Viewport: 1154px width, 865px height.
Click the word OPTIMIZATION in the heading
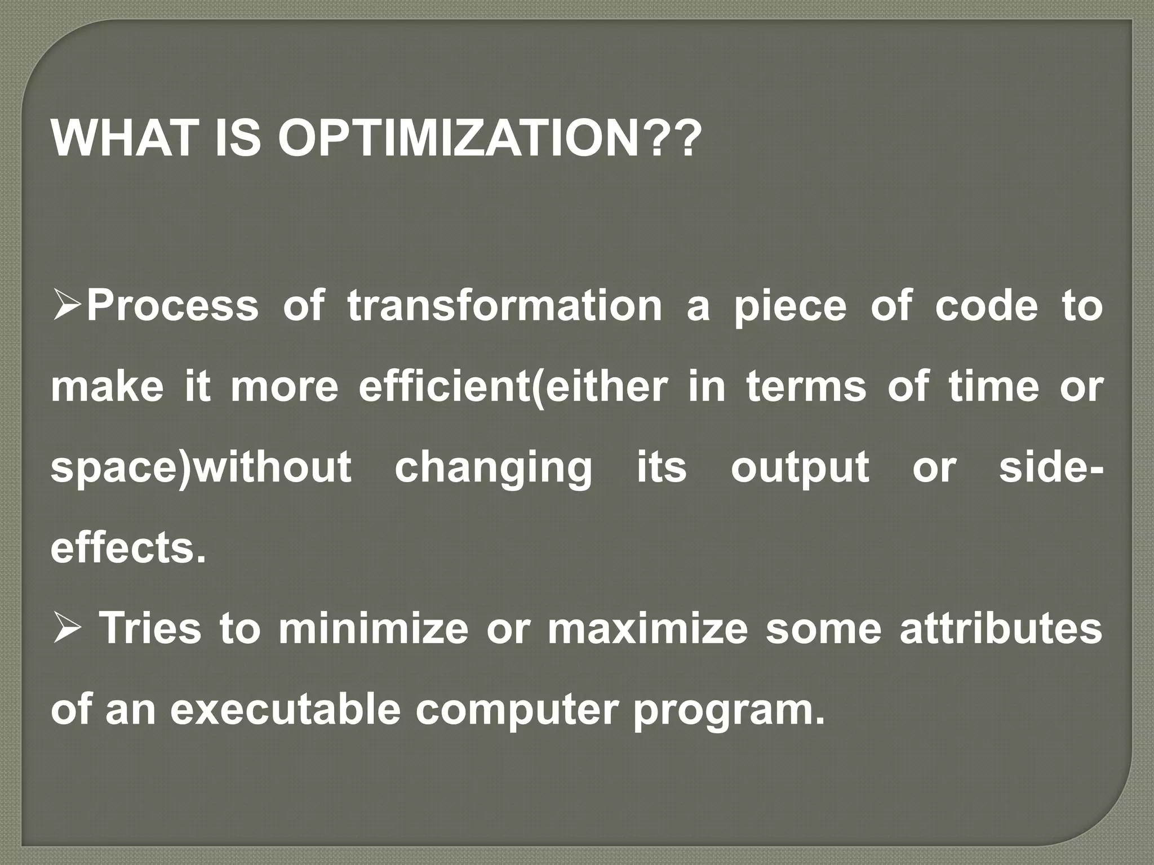coord(462,139)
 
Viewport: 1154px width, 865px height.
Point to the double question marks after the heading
coord(674,139)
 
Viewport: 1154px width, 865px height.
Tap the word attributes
coord(1000,630)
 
